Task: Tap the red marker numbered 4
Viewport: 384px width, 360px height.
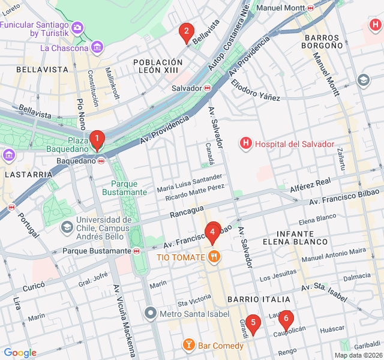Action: pyautogui.click(x=212, y=232)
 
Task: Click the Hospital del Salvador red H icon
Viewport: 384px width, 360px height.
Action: pyautogui.click(x=245, y=143)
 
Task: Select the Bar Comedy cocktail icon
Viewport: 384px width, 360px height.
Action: pyautogui.click(x=189, y=345)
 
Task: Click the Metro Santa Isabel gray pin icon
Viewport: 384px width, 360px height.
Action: pyautogui.click(x=151, y=313)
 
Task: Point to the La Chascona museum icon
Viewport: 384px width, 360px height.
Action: pyautogui.click(x=97, y=47)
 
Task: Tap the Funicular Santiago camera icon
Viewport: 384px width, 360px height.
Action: pyautogui.click(x=77, y=28)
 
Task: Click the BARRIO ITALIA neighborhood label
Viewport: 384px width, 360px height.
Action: pyautogui.click(x=259, y=299)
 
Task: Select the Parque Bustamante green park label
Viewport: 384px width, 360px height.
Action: pyautogui.click(x=125, y=188)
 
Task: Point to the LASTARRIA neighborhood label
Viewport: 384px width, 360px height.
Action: pyautogui.click(x=28, y=174)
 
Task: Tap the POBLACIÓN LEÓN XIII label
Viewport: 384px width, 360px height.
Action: pyautogui.click(x=158, y=67)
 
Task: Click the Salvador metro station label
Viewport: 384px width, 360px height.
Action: pyautogui.click(x=186, y=88)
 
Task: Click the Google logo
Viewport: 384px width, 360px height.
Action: pyautogui.click(x=20, y=353)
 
